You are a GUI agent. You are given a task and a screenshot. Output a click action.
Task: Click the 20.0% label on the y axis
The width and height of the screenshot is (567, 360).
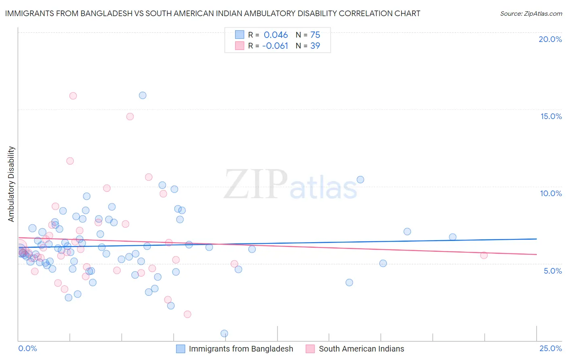click(550, 39)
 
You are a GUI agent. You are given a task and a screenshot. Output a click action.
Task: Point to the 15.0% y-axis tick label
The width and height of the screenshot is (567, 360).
click(551, 116)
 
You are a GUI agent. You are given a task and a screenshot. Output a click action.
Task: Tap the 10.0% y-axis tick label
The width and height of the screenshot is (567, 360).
click(551, 193)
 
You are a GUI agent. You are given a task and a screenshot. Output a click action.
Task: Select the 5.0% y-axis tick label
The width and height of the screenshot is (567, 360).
click(552, 271)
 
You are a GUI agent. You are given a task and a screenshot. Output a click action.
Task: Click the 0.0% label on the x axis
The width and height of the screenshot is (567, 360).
click(27, 348)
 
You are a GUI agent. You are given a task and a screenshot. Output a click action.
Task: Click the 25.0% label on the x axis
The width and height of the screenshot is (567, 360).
click(550, 348)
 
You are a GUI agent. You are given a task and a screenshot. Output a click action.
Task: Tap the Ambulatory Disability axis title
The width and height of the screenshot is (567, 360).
click(11, 184)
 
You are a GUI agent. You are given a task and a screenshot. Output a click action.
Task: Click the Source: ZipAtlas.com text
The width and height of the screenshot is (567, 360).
click(531, 14)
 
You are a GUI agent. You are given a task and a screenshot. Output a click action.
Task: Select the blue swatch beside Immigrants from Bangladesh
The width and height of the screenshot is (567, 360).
click(181, 349)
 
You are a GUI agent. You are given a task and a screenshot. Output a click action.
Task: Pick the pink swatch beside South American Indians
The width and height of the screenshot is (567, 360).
click(310, 349)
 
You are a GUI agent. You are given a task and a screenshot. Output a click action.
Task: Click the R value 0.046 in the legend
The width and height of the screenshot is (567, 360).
click(276, 35)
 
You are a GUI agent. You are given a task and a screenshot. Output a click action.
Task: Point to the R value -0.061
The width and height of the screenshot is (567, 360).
click(275, 46)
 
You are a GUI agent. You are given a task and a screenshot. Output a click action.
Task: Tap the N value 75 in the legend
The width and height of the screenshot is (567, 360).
click(315, 35)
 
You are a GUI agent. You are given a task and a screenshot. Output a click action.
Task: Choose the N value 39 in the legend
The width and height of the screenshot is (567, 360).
click(315, 46)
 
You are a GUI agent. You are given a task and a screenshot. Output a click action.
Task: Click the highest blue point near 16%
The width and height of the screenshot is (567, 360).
click(142, 96)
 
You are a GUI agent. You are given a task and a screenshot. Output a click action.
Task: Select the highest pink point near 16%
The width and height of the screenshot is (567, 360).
click(73, 96)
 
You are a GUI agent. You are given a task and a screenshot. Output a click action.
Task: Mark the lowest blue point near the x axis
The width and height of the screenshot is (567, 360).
click(224, 333)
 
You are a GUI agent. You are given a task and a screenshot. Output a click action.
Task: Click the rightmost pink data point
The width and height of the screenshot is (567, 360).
click(484, 255)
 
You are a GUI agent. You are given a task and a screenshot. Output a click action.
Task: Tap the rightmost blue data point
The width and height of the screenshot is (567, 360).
click(452, 237)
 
